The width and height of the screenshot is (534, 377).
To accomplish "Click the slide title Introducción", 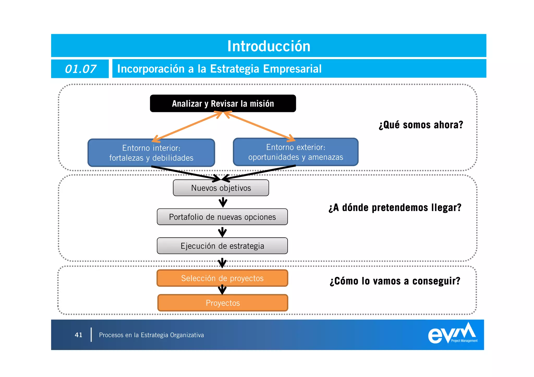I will pyautogui.click(x=269, y=46).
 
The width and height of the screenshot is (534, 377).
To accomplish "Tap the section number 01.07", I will pyautogui.click(x=80, y=69).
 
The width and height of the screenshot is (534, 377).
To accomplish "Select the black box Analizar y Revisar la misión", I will pyautogui.click(x=223, y=103).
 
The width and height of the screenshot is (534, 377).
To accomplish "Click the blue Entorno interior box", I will pyautogui.click(x=151, y=153).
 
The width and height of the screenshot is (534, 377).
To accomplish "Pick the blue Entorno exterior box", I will pyautogui.click(x=295, y=152).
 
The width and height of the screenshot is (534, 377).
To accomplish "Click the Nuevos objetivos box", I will pyautogui.click(x=221, y=188).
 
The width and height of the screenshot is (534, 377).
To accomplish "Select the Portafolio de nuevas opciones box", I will pyautogui.click(x=222, y=217).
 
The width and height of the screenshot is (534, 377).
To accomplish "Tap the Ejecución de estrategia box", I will pyautogui.click(x=222, y=246).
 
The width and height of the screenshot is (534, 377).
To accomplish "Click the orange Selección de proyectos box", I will pyautogui.click(x=222, y=278).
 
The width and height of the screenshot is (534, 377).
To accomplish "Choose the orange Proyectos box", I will pyautogui.click(x=223, y=303).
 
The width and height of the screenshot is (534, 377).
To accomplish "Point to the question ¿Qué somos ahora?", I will pyautogui.click(x=421, y=125).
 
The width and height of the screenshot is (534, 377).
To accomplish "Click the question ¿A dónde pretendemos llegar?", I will pyautogui.click(x=395, y=208).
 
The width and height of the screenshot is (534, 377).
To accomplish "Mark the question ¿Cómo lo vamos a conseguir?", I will pyautogui.click(x=395, y=281).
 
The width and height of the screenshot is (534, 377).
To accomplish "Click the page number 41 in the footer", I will pyautogui.click(x=78, y=335).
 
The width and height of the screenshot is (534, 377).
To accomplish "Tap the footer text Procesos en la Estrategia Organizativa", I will pyautogui.click(x=151, y=335).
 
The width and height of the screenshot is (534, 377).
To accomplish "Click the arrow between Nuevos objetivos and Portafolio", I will pyautogui.click(x=223, y=202).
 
